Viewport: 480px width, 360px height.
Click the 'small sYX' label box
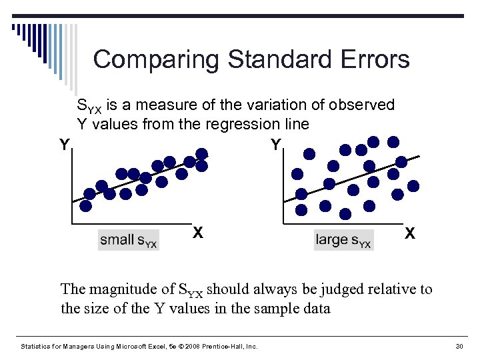129,240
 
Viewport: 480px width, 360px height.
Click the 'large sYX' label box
344,240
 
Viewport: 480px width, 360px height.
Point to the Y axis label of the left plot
64,145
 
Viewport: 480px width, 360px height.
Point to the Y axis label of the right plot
276,145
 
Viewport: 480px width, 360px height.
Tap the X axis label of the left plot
198,233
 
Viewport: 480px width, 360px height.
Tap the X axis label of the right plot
410,233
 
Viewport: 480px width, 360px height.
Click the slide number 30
458,346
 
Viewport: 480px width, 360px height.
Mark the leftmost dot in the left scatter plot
89,194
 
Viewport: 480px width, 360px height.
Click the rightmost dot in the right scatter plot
414,186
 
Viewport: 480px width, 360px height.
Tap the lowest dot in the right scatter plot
345,214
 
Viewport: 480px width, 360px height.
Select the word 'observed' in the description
363,105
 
